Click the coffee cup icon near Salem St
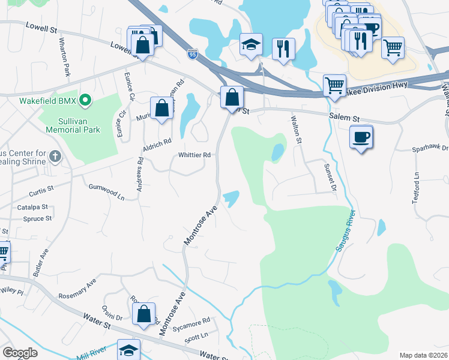(361, 137)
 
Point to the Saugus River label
(346, 230)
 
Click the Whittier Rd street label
(194, 155)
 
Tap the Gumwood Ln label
(106, 192)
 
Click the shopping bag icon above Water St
(144, 314)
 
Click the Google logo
(20, 353)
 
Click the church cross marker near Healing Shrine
(55, 157)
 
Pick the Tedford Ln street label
(417, 188)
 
